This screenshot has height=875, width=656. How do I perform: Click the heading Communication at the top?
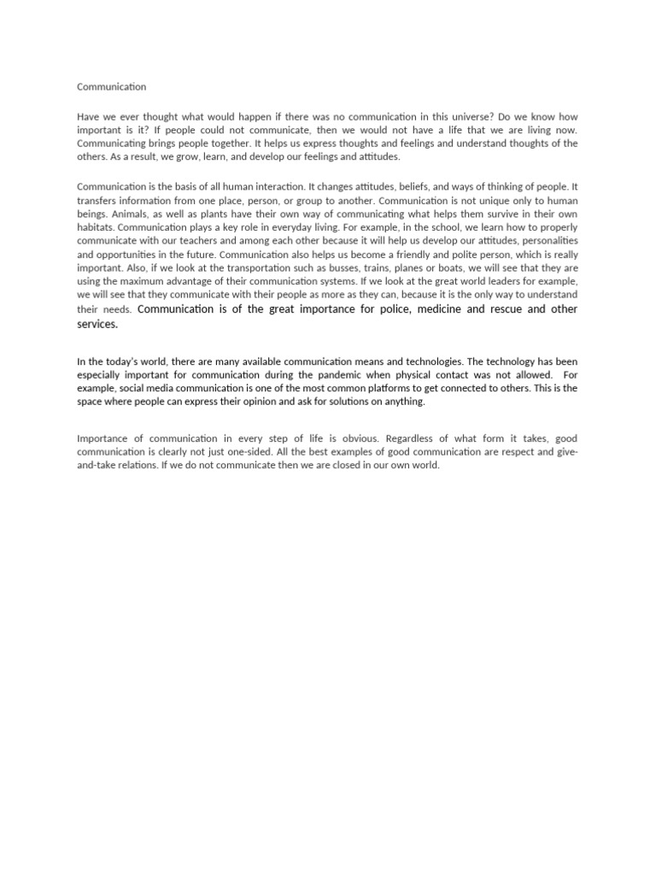pos(111,86)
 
